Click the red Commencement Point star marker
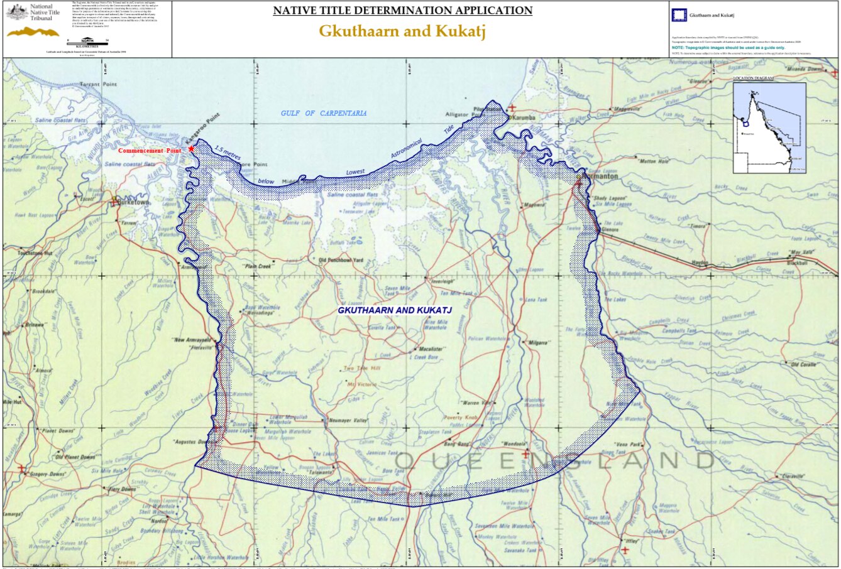coord(191,149)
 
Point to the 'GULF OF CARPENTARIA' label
coord(323,113)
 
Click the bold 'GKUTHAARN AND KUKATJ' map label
coord(395,310)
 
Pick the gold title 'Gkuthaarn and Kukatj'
coord(402,31)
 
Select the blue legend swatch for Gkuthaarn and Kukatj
coord(679,16)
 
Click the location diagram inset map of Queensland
coord(769,127)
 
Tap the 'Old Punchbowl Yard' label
coord(341,260)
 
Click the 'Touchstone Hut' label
coord(35,253)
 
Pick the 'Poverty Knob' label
coord(461,417)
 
